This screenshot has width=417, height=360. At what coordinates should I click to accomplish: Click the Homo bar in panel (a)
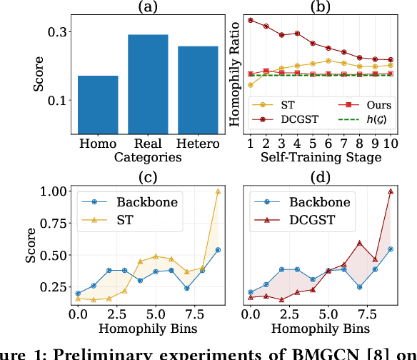(98, 102)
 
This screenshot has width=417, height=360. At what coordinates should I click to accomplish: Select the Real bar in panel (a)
(148, 81)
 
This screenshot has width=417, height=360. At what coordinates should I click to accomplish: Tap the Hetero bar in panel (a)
(198, 87)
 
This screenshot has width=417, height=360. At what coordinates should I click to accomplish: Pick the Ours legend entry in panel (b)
(361, 104)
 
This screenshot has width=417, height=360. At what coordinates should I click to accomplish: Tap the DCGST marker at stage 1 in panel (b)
(251, 19)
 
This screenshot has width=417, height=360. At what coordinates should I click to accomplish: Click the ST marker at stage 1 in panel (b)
(251, 85)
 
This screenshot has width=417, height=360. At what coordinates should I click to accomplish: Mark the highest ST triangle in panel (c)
(218, 191)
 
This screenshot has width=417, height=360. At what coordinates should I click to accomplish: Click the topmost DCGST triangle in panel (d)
(391, 191)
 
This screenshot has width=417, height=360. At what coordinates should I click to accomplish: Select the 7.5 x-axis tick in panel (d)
(359, 314)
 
